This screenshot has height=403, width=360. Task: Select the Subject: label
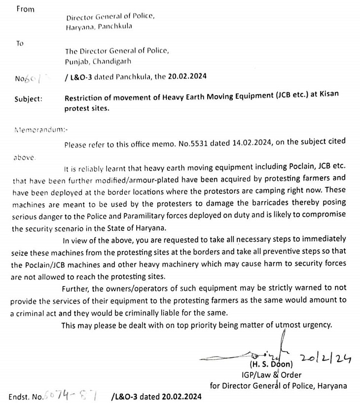29,98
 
